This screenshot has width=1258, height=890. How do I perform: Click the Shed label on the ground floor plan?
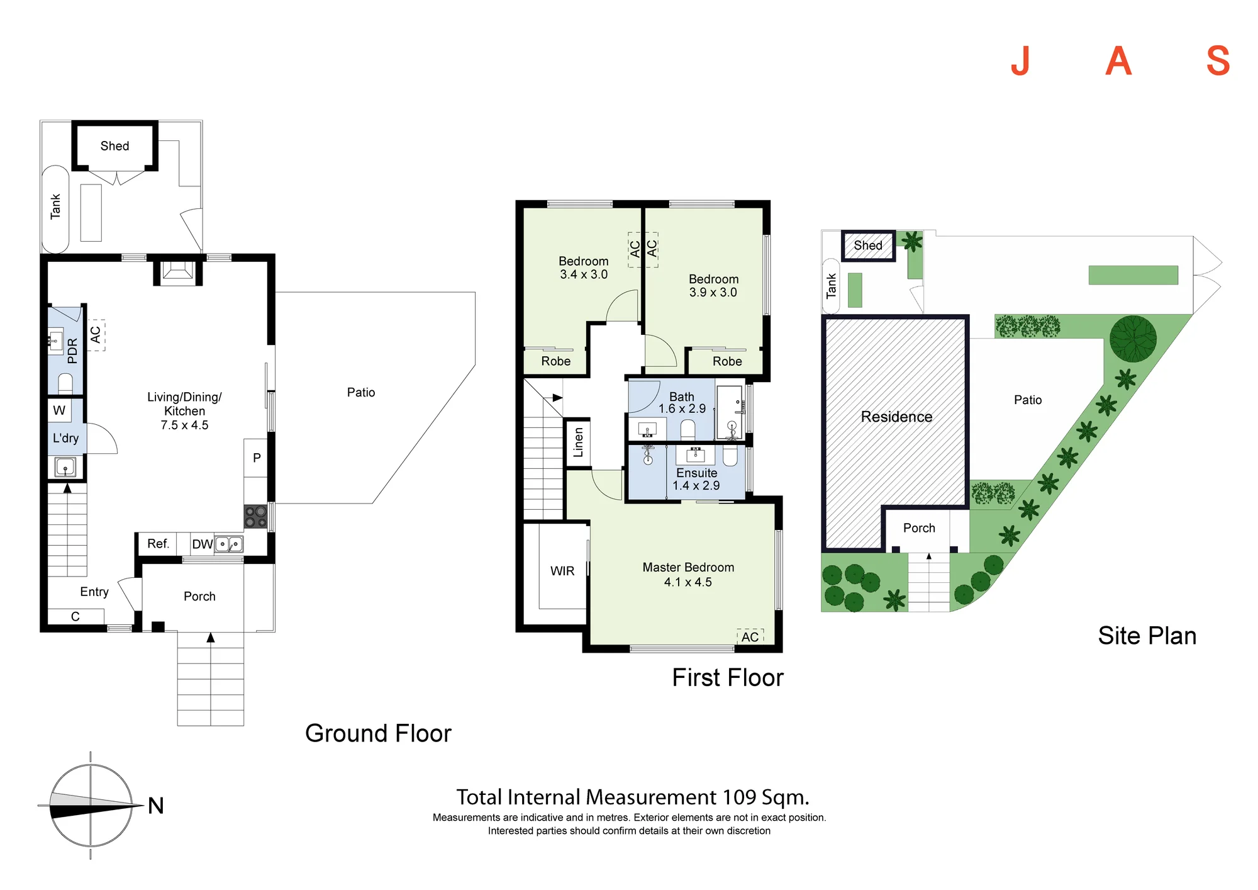click(x=114, y=146)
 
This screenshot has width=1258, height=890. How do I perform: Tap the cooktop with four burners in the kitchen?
click(x=256, y=517)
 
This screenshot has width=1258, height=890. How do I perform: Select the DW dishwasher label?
click(x=203, y=544)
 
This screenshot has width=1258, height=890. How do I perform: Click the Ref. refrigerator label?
click(x=159, y=543)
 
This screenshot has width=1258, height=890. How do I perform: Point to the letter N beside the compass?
click(x=156, y=806)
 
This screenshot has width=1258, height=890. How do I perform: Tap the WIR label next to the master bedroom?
click(x=562, y=571)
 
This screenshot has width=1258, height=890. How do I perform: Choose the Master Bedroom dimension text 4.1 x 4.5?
click(x=688, y=582)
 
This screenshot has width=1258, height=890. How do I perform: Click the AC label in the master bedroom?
click(x=750, y=637)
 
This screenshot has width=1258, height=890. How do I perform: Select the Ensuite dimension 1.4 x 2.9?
click(x=696, y=485)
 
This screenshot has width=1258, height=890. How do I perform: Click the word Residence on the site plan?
click(x=896, y=417)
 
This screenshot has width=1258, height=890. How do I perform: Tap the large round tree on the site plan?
click(x=1133, y=339)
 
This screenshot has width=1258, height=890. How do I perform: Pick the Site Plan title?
click(x=1147, y=636)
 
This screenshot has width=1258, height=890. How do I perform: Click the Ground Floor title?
click(x=378, y=733)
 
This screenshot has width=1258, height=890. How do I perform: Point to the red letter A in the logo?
click(x=1119, y=61)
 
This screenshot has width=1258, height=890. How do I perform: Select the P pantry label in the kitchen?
click(x=257, y=458)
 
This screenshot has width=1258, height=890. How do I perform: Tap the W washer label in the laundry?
click(x=59, y=410)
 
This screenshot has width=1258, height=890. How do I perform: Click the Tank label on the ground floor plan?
click(x=55, y=206)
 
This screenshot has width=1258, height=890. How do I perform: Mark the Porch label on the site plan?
click(x=919, y=528)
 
